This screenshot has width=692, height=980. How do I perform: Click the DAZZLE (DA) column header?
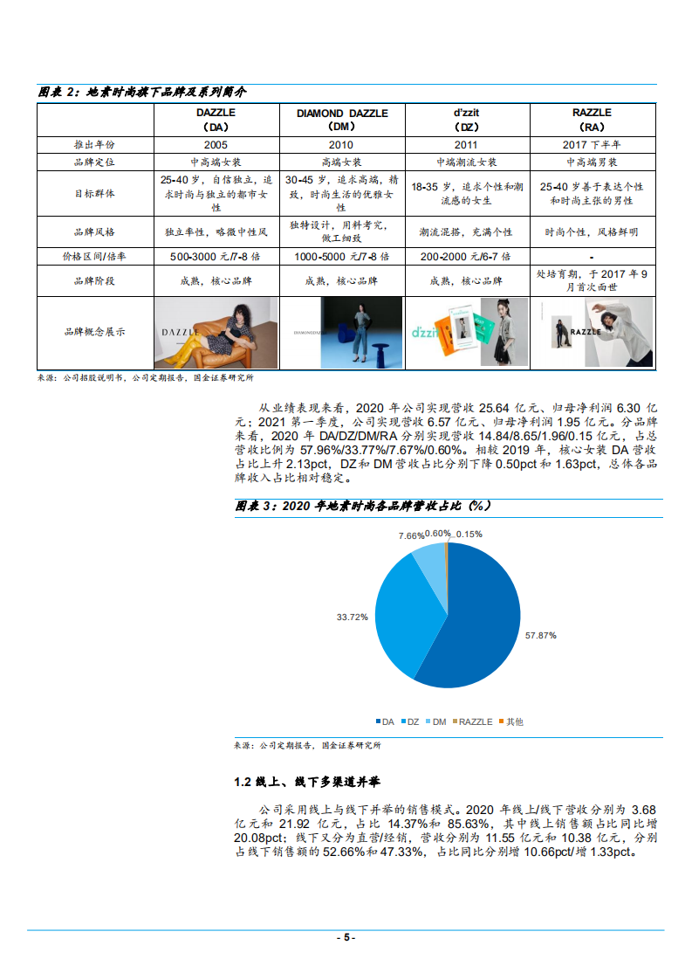point(216,119)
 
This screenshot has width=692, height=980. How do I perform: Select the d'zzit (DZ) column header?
point(464,119)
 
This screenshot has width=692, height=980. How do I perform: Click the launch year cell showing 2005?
point(216,144)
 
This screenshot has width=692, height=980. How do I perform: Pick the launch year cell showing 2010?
point(340,144)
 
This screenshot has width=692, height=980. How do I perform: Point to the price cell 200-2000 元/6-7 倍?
point(464,258)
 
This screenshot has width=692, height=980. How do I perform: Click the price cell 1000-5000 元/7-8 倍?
point(340,258)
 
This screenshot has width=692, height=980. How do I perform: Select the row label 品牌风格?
point(94,232)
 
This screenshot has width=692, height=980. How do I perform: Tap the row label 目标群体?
point(94,194)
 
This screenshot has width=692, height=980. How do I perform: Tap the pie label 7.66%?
point(411,535)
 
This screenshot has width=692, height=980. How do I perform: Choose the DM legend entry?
point(435,721)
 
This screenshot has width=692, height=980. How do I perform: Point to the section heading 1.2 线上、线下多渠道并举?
point(306,781)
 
